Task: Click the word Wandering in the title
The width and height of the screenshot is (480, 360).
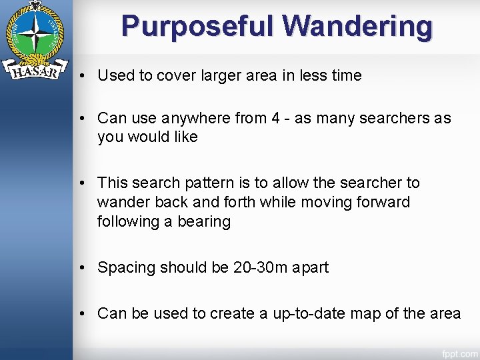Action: click(357, 27)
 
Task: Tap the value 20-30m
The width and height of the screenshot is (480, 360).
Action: click(261, 268)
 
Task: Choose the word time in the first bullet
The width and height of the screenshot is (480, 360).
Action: click(346, 76)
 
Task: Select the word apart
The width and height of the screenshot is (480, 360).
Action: click(310, 268)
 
